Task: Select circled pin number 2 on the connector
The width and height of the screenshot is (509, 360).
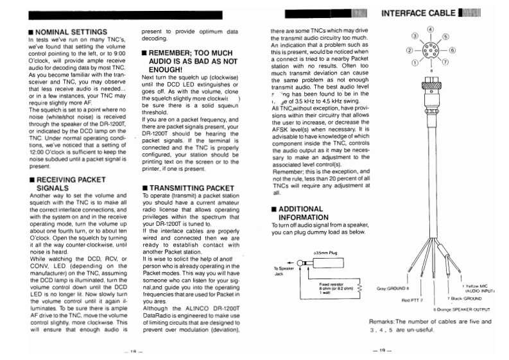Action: (408, 49)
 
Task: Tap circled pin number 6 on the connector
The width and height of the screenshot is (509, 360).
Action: (452, 49)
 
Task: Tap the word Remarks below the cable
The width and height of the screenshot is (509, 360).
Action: (384, 321)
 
